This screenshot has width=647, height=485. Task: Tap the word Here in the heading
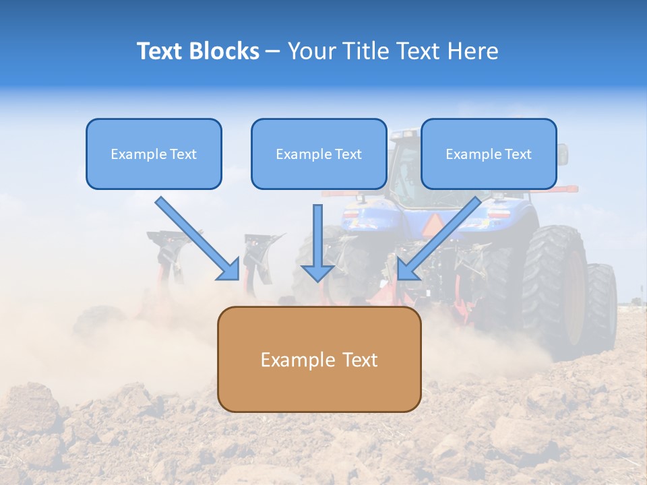[472, 51]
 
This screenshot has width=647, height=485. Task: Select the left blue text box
[154, 154]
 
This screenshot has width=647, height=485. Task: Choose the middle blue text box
[319, 154]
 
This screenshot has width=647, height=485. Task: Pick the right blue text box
[489, 154]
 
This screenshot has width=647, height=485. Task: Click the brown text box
[319, 359]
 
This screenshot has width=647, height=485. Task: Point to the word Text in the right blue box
[518, 154]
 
